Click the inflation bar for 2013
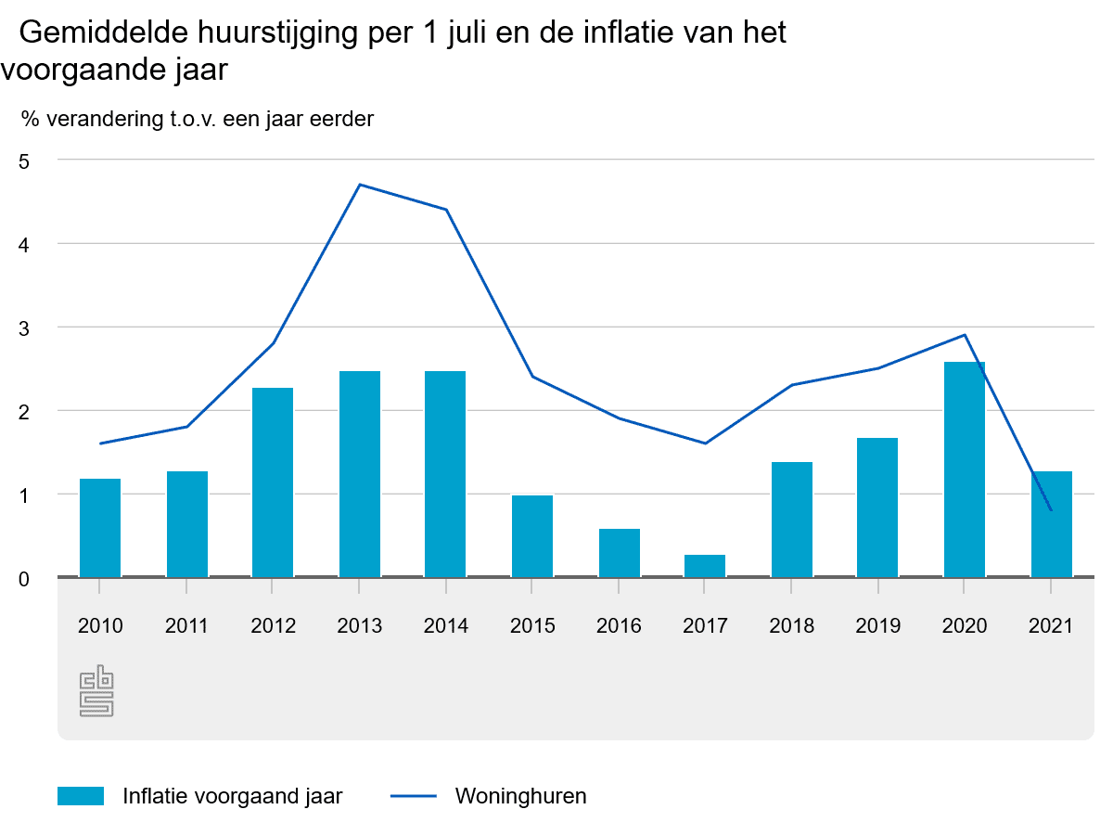(x=360, y=474)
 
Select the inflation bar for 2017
(x=705, y=566)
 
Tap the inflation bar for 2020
(x=965, y=469)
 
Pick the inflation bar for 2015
(x=532, y=536)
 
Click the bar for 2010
(x=100, y=528)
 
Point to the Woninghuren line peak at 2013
(x=360, y=185)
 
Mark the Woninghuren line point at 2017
(x=705, y=443)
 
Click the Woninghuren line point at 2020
(x=965, y=335)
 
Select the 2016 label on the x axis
(x=619, y=626)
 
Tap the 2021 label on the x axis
(x=1051, y=626)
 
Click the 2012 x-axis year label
(x=273, y=626)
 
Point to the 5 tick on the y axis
(x=24, y=161)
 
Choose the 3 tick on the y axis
(x=24, y=328)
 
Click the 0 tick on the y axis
(x=24, y=579)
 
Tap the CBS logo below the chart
(x=97, y=692)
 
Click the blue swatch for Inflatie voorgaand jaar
(x=81, y=796)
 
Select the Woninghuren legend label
(x=521, y=796)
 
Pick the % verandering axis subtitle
(x=197, y=119)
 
